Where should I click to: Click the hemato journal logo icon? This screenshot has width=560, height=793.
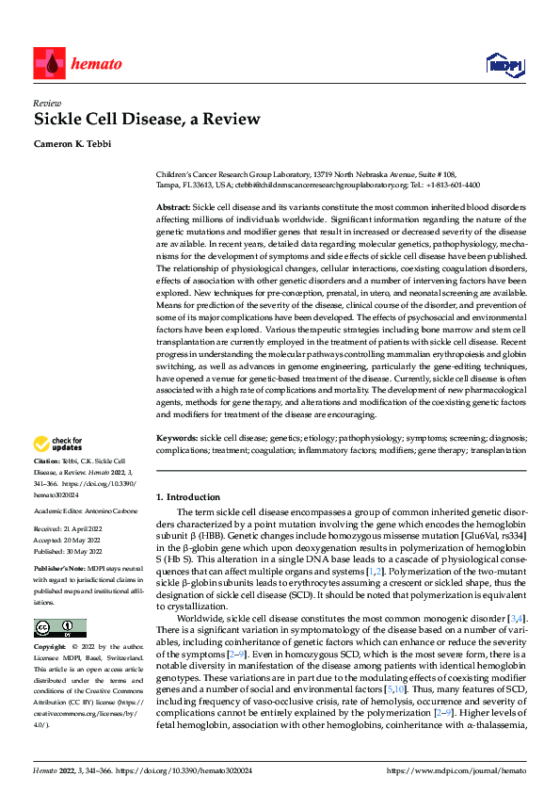tap(48, 63)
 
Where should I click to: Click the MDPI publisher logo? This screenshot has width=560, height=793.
tap(503, 64)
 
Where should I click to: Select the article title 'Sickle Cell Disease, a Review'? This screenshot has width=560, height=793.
tap(147, 120)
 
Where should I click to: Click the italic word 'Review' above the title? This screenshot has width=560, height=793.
tap(47, 104)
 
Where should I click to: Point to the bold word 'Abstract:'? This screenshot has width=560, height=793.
tap(172, 206)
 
